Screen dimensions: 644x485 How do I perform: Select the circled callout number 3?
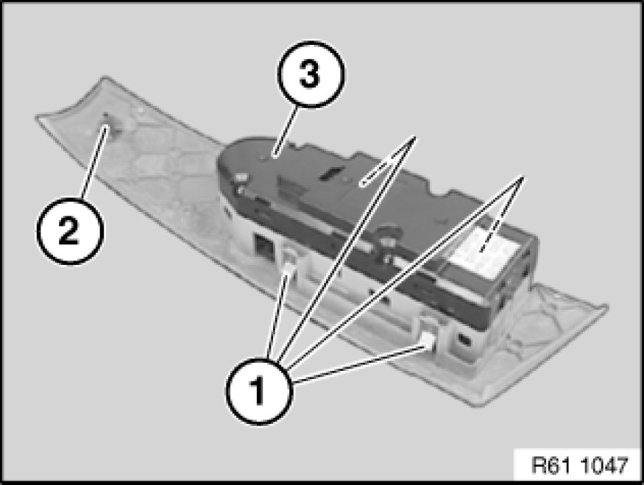311,74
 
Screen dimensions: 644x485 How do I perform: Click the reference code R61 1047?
580,465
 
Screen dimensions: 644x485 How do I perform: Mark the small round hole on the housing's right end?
464,339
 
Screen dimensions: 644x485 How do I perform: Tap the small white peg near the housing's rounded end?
241,178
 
